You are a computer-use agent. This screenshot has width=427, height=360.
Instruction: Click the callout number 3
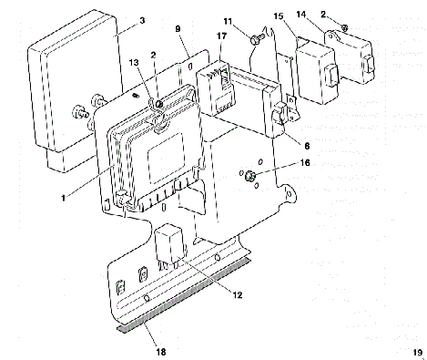point(142,20)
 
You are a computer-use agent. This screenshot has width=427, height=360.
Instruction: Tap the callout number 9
point(178,28)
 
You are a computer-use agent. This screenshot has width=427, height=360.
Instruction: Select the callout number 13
point(134,63)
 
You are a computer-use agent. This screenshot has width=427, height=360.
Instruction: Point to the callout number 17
point(222,36)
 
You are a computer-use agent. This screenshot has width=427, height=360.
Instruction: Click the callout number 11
point(228,22)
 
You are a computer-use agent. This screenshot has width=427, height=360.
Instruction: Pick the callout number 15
point(279,15)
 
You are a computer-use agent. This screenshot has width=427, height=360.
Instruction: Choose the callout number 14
point(301,15)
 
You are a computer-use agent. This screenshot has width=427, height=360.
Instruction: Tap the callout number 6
point(307,146)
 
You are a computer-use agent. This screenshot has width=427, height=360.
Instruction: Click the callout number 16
point(305,163)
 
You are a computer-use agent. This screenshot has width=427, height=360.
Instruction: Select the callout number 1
point(64,198)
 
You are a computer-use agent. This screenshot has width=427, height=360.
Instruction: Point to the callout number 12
point(238,294)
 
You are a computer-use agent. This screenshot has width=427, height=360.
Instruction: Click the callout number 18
point(161,352)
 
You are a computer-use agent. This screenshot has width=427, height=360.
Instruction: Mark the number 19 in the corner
point(418,353)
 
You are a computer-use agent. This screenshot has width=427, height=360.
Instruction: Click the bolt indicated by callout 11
point(258,38)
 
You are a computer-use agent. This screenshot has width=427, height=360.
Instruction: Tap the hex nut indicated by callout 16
point(249,176)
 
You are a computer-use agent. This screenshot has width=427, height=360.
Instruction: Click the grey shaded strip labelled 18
point(184,294)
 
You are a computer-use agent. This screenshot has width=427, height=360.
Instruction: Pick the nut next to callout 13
point(158,104)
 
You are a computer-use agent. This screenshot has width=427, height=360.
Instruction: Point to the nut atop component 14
point(344,28)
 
